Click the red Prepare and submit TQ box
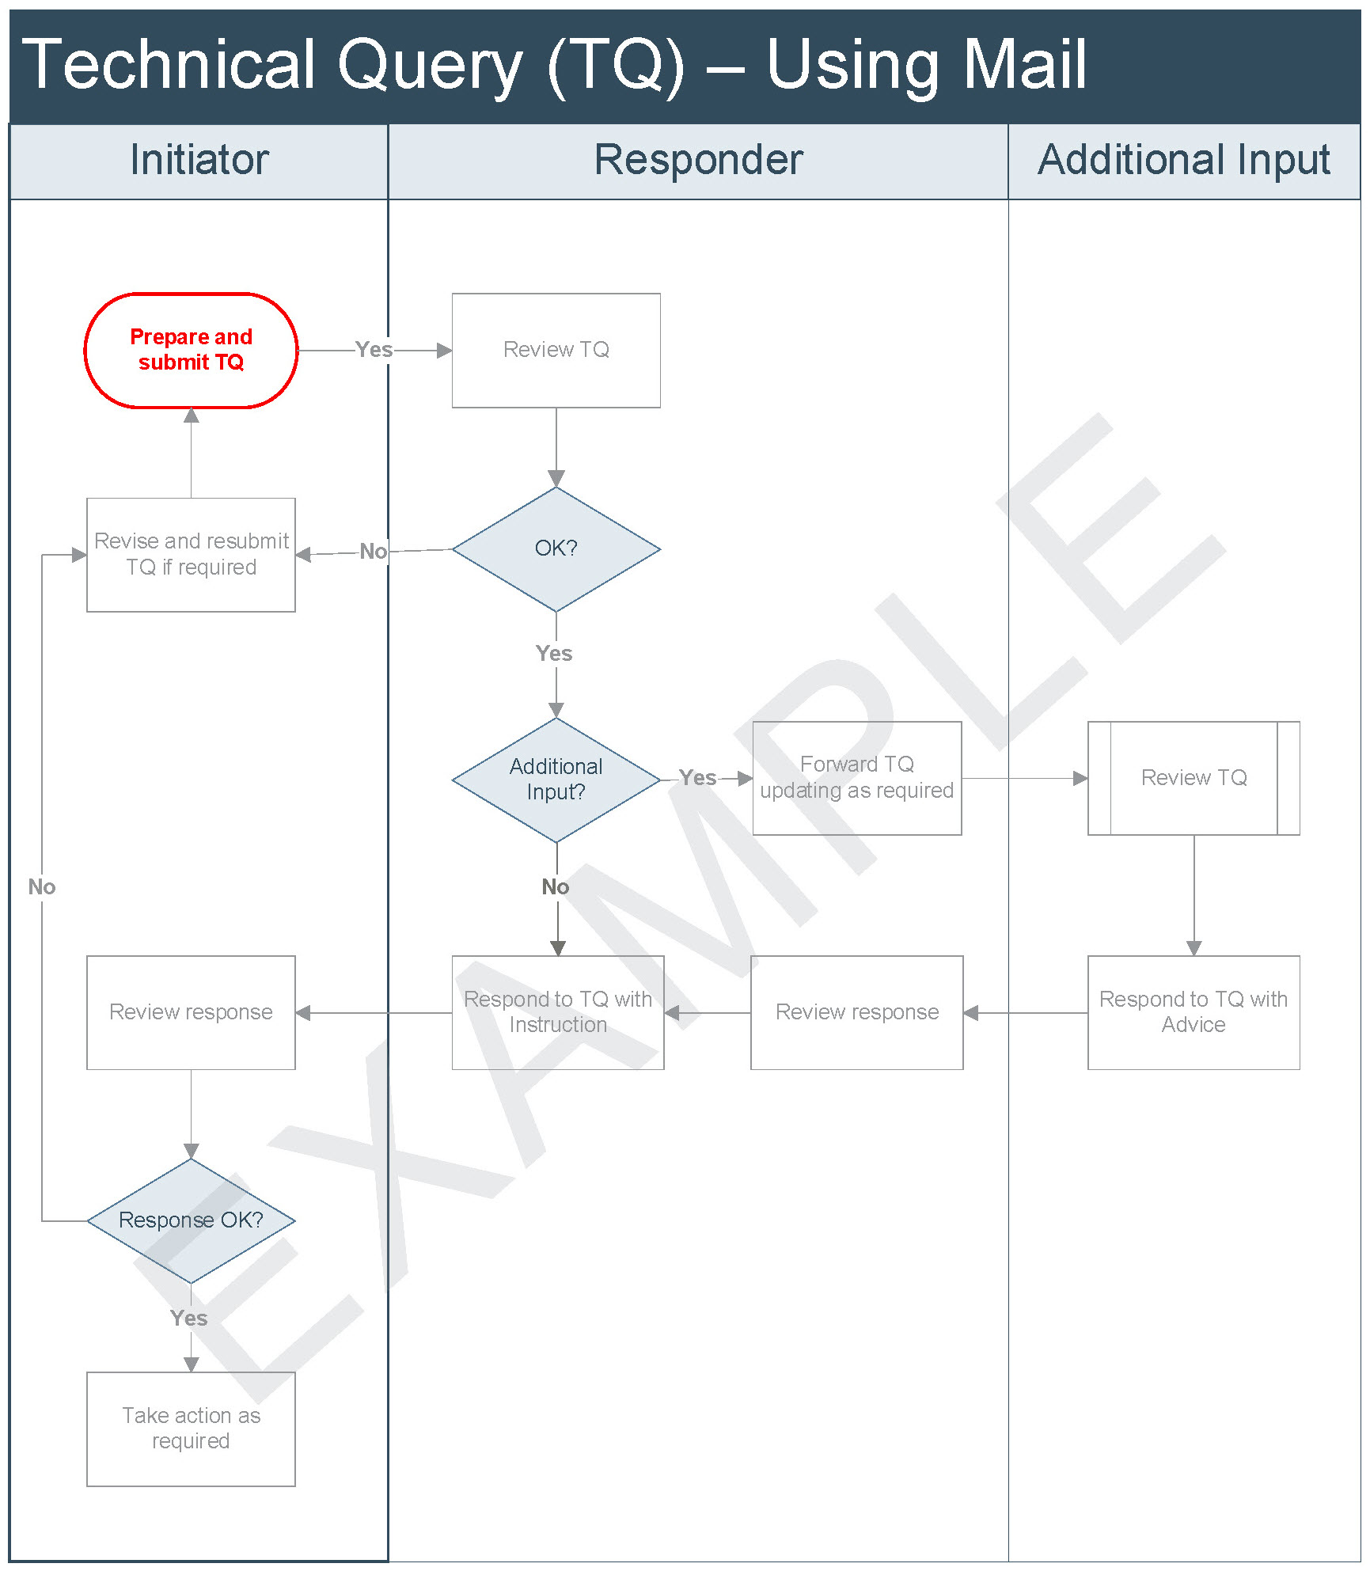click(x=191, y=351)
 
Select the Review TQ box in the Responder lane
click(x=556, y=351)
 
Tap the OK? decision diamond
click(x=556, y=549)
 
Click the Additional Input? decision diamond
click(x=556, y=780)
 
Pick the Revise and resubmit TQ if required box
click(x=191, y=555)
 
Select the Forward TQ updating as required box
click(x=857, y=778)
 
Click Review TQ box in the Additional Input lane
click(x=1194, y=778)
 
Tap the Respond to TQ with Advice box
click(x=1194, y=1013)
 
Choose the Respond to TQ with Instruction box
click(x=558, y=1013)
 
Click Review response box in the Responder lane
click(x=857, y=1013)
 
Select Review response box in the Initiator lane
click(x=191, y=1013)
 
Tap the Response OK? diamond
click(x=191, y=1221)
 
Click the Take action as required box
click(x=191, y=1429)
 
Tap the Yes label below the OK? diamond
click(x=554, y=654)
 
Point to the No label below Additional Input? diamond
click(x=556, y=887)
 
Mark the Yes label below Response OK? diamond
click(x=189, y=1319)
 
